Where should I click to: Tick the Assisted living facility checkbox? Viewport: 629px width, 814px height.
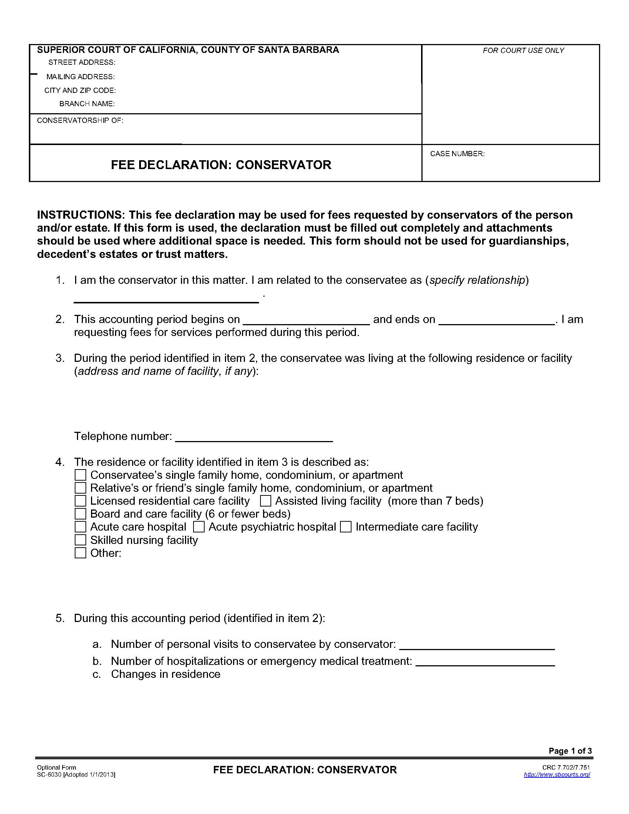click(x=265, y=501)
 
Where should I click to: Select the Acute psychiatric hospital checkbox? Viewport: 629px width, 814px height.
click(x=199, y=527)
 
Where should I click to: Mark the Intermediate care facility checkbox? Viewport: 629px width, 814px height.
click(x=346, y=527)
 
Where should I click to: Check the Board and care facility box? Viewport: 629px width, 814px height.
click(x=80, y=514)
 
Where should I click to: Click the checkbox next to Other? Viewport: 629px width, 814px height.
click(x=80, y=553)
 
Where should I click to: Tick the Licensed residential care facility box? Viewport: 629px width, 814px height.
click(x=80, y=501)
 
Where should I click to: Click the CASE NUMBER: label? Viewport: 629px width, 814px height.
click(x=457, y=154)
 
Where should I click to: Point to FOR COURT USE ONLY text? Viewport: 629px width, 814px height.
click(x=523, y=50)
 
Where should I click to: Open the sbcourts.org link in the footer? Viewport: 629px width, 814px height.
click(x=557, y=774)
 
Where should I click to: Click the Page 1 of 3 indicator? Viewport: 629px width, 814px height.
click(x=570, y=751)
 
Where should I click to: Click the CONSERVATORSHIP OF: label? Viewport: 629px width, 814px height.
click(x=80, y=120)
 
